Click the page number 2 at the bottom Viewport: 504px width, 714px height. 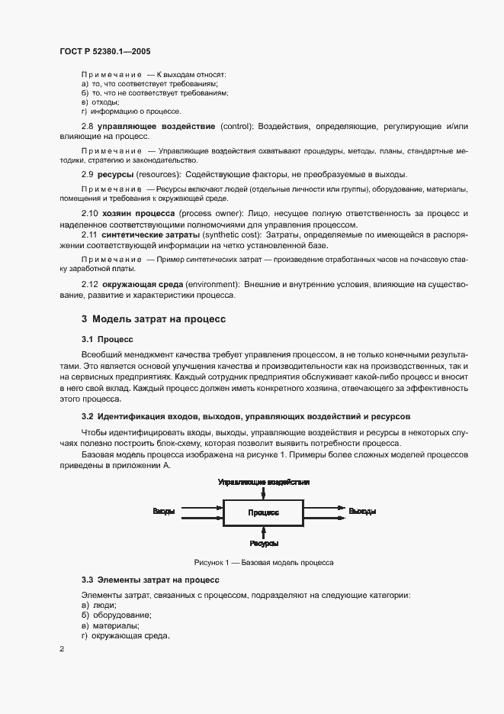tap(62, 649)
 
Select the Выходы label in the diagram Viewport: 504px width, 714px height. tap(362, 511)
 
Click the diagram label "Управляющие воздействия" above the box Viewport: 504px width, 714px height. tap(263, 483)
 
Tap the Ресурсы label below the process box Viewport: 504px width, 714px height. tap(264, 544)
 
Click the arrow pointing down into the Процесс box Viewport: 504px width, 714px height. tap(263, 493)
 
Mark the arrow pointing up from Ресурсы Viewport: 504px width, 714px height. tap(263, 531)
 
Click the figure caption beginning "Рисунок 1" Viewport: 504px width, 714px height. tap(263, 562)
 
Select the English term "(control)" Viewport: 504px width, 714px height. tap(236, 124)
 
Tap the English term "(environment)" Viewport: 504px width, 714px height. tap(208, 284)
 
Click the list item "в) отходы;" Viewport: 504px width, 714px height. tap(100, 102)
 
